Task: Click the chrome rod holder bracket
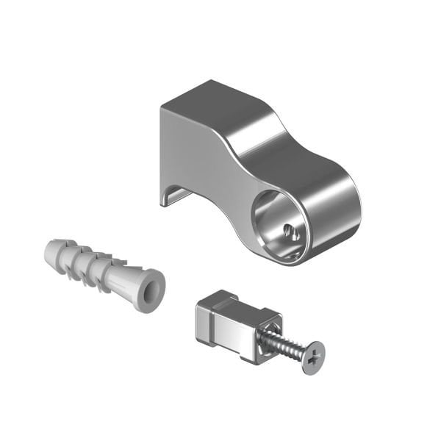click(250, 169)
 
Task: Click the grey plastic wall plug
click(103, 268)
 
